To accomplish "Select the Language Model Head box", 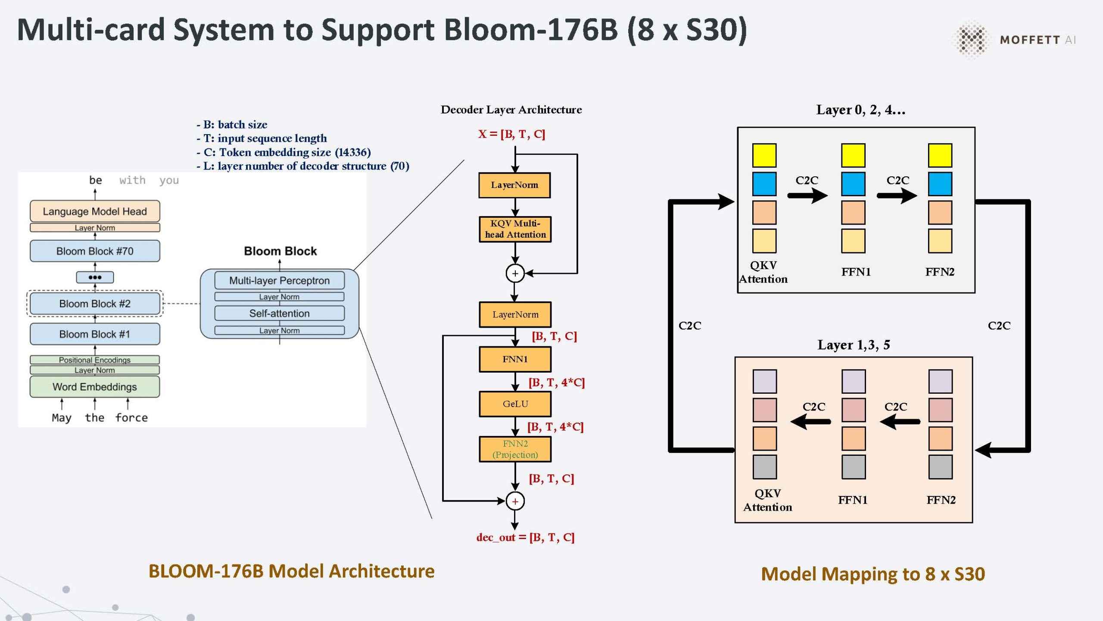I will pos(95,211).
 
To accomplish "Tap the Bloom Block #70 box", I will pos(95,251).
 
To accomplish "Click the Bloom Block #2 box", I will pos(95,304).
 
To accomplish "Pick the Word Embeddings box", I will pos(95,387).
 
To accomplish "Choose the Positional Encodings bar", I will pos(95,360).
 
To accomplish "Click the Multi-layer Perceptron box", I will pos(279,281).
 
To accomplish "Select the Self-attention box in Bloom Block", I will pos(279,314).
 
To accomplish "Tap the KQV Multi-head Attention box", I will pos(515,229).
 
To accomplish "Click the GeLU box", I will pos(515,404).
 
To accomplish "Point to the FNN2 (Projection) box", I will pos(515,449).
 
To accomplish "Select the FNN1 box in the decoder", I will pos(515,359).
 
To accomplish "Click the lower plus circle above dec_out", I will pos(515,501).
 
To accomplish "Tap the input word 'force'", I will pos(131,417).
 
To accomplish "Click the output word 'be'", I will pos(95,180).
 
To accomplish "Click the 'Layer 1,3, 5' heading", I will pos(854,345).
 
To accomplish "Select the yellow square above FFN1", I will pos(853,155).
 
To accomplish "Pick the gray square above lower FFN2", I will pos(940,467).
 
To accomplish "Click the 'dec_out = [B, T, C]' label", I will pos(525,537).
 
